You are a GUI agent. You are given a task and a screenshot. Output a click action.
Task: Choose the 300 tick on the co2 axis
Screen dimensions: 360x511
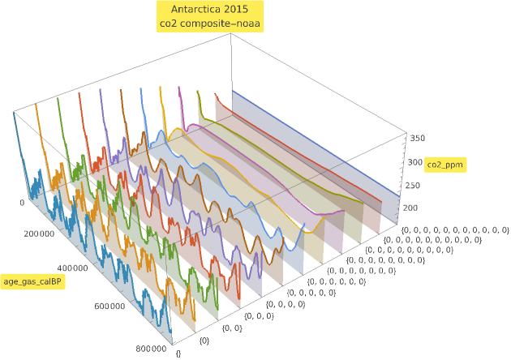[416, 162]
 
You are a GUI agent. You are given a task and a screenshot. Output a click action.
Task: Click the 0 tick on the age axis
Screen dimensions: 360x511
[23, 203]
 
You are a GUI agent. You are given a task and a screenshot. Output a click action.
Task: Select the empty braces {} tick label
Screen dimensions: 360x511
[178, 354]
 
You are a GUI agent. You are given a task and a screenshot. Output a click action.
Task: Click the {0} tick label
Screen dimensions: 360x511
[204, 341]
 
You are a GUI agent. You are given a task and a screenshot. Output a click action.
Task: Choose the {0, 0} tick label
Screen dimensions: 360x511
[232, 328]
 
